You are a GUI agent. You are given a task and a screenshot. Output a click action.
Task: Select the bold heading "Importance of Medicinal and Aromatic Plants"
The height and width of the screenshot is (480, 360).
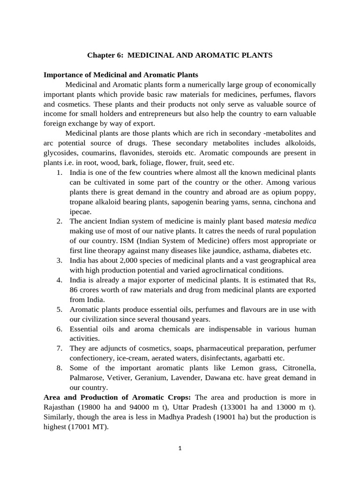point(120,75)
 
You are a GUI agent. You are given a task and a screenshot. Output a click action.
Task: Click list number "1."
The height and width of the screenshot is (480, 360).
point(60,172)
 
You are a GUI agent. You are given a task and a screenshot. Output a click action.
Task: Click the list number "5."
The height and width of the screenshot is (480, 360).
point(60,309)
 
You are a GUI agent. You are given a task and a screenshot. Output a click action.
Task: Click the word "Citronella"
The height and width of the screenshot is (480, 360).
point(296,367)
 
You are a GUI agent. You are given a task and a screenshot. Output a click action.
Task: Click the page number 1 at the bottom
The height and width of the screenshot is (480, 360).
point(180,448)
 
